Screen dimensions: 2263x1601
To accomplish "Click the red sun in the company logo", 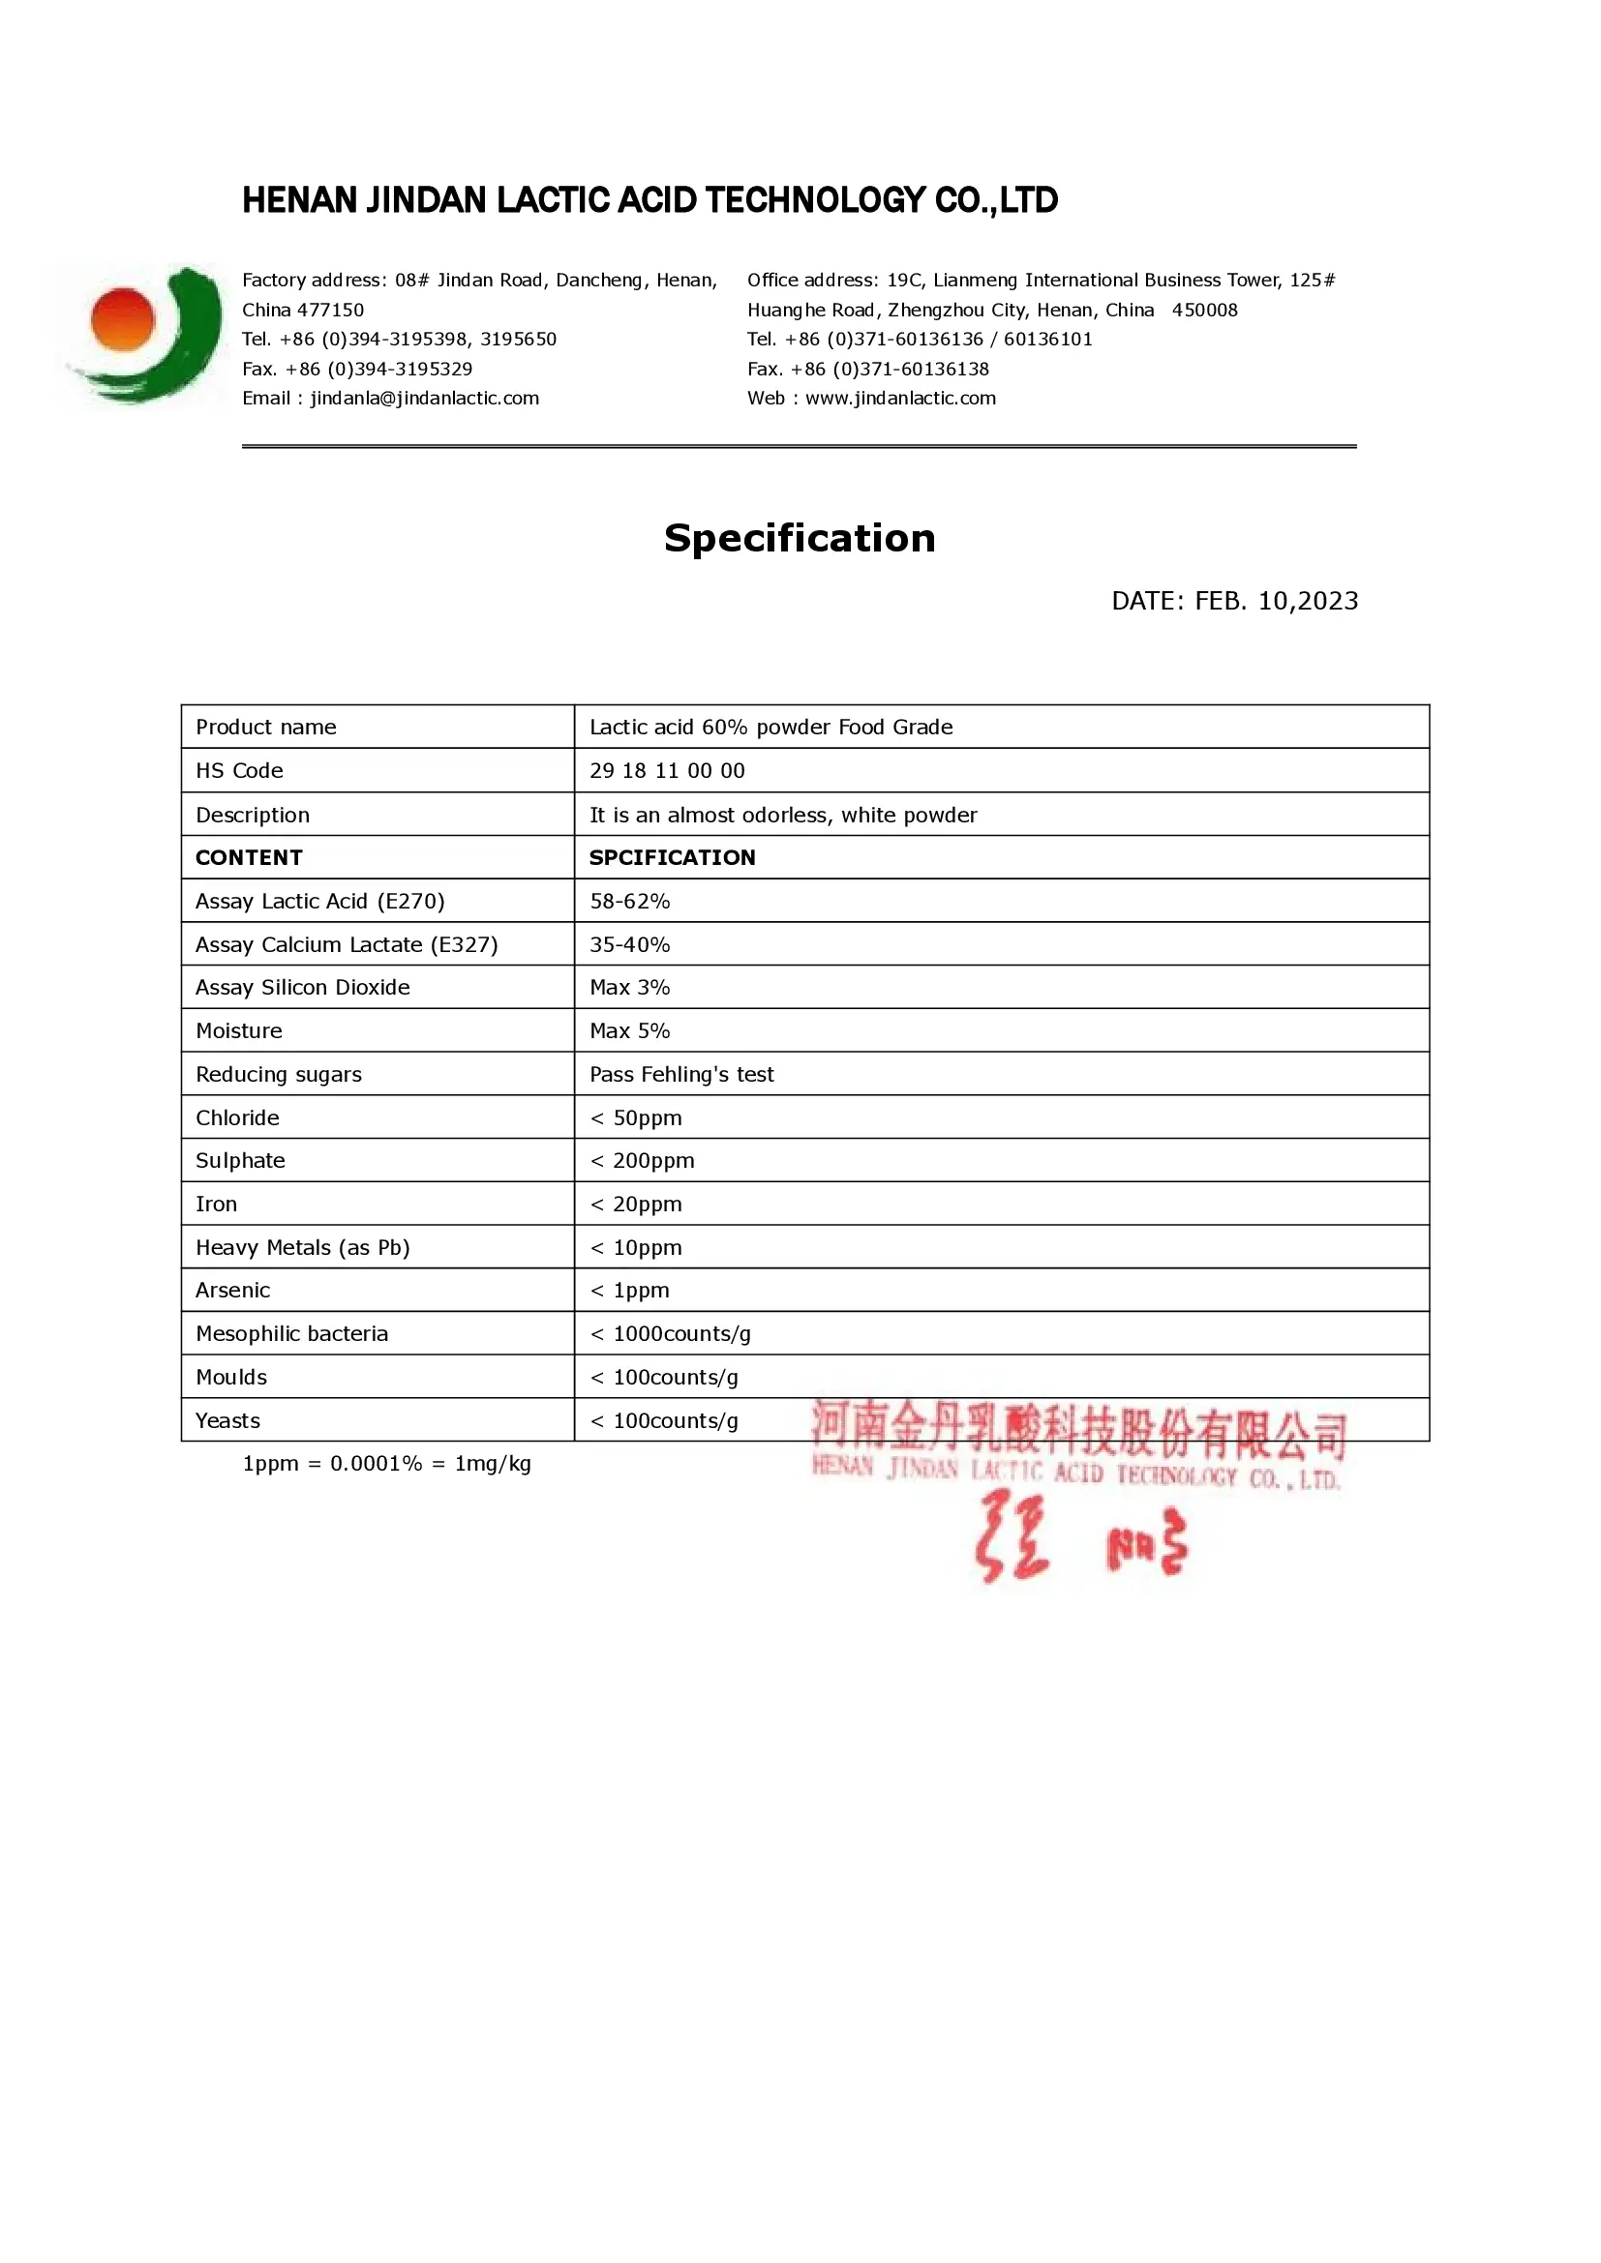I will coord(123,318).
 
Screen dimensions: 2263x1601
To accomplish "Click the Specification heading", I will coord(800,538).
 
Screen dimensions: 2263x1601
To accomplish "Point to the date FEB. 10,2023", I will coord(1234,600).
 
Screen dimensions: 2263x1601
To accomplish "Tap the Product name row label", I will coord(266,728).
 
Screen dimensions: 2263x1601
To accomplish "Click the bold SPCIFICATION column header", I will coord(673,857).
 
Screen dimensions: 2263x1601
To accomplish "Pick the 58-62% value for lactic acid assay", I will coord(629,901).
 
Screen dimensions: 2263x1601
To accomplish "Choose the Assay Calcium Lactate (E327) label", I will coord(346,944).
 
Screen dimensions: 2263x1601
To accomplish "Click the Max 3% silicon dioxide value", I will coord(629,988).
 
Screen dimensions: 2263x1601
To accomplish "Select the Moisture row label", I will coord(238,1031).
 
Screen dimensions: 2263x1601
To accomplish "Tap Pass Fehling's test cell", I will coord(681,1074).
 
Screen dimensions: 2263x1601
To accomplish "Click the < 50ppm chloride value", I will coord(636,1117).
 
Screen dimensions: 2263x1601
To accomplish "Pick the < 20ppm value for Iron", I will coord(636,1205).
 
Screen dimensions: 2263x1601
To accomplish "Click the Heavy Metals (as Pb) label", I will coord(303,1248).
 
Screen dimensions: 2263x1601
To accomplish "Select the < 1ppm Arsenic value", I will coord(629,1291).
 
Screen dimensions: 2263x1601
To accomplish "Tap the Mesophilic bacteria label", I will coord(291,1333).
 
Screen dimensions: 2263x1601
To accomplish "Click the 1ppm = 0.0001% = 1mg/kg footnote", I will coord(386,1464).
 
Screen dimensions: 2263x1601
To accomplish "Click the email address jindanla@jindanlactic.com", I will coord(425,399).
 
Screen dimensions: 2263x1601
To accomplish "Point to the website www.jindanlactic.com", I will coord(900,399).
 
